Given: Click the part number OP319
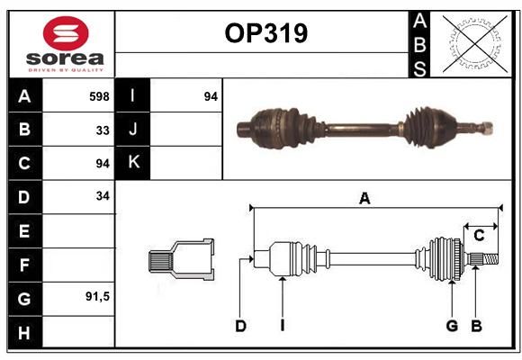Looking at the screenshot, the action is pyautogui.click(x=266, y=33).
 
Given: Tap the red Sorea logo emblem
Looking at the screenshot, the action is pyautogui.click(x=66, y=33).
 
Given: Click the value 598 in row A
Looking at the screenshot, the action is pyautogui.click(x=99, y=96).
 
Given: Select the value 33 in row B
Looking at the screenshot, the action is pyautogui.click(x=103, y=130).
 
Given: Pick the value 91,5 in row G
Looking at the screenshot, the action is pyautogui.click(x=97, y=296).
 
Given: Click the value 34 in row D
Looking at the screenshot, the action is pyautogui.click(x=103, y=196).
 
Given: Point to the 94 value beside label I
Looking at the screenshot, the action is pyautogui.click(x=211, y=96).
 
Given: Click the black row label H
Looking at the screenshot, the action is pyautogui.click(x=25, y=332).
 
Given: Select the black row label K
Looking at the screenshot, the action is pyautogui.click(x=132, y=163).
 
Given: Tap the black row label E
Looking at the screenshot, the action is pyautogui.click(x=25, y=230).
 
